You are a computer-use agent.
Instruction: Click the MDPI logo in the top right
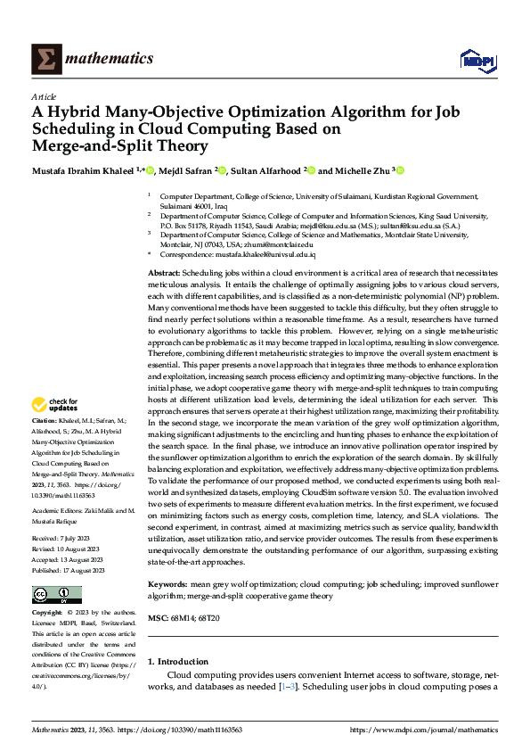pos(477,60)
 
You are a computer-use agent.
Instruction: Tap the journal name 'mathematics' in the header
pos(111,59)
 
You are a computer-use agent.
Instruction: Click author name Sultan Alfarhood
pos(265,169)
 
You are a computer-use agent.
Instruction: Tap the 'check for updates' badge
pos(54,405)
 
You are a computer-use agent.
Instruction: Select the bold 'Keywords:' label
pos(168,584)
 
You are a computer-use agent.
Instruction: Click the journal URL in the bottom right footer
pos(424,729)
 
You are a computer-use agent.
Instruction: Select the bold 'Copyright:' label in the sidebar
pos(48,614)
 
